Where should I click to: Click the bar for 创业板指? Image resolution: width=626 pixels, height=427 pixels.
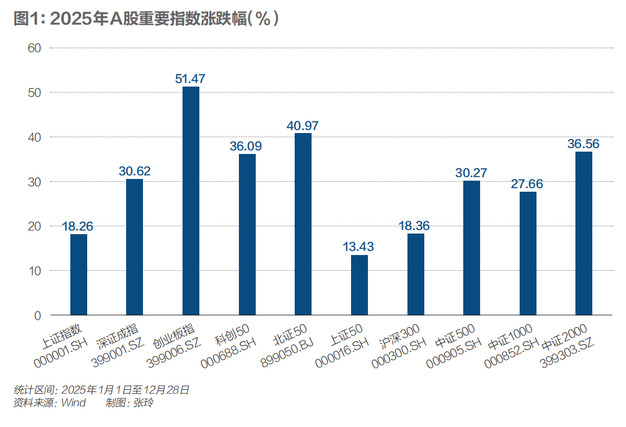coord(191,201)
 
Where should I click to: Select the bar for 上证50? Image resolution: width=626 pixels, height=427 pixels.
coord(359,285)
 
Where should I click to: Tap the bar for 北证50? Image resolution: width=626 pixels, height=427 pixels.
coord(303,224)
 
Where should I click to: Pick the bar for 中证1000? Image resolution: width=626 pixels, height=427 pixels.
coord(528,253)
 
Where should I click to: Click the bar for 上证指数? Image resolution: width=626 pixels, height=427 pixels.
coord(78,275)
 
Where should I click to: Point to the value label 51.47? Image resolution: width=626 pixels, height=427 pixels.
coord(191,78)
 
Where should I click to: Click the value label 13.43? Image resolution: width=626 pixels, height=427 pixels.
coord(359,246)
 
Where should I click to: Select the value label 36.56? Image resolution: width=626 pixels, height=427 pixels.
coord(584,143)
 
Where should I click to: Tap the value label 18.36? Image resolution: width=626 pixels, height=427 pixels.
coord(416,225)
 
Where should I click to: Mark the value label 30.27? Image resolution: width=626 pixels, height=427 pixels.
coord(471,173)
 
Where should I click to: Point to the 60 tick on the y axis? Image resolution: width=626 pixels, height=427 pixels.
coord(34,48)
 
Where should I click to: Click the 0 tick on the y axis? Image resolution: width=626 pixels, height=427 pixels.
coord(38,315)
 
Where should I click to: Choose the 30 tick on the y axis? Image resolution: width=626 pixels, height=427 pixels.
coord(34,182)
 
